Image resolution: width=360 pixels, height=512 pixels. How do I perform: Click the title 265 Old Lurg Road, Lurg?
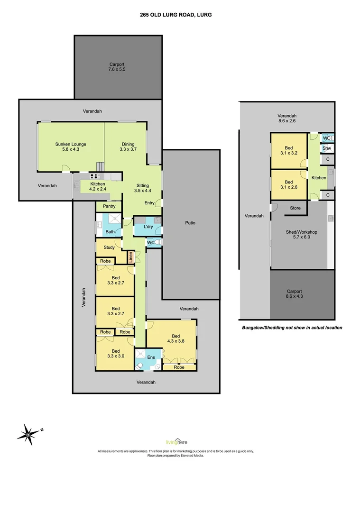(176, 15)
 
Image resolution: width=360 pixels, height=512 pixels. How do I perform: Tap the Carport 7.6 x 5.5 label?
(117, 66)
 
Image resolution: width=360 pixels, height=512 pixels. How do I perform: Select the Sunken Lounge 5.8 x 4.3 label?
(71, 147)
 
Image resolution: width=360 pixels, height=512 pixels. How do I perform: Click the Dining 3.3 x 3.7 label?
(128, 147)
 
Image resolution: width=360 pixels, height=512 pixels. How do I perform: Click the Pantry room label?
(109, 207)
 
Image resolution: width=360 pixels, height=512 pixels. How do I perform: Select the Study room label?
(109, 247)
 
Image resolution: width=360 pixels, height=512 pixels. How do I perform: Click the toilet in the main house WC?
(158, 242)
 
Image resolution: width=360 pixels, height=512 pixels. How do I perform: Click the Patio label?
(190, 222)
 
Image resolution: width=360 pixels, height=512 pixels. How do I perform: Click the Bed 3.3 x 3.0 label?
(115, 354)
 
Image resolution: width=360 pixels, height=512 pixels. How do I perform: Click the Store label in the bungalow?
(295, 208)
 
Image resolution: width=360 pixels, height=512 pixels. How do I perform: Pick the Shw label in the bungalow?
(326, 148)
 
